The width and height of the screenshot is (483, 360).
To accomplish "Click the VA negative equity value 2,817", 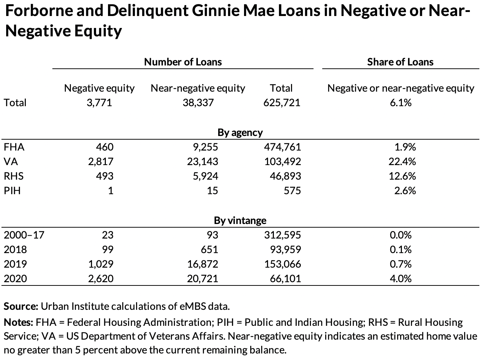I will click(100, 161).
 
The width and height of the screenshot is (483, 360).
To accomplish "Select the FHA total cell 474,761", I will click(282, 147).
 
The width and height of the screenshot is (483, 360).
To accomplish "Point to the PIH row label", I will click(12, 191).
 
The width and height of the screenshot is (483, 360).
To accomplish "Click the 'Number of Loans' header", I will click(183, 62).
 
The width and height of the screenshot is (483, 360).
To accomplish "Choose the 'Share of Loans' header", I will click(400, 62).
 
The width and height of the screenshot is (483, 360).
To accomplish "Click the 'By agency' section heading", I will click(240, 132).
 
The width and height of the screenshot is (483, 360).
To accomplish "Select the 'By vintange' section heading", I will click(240, 220).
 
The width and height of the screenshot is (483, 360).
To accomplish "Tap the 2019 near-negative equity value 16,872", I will click(203, 264).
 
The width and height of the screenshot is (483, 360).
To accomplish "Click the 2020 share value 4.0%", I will click(400, 279).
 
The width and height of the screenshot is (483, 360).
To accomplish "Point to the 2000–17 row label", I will click(24, 235).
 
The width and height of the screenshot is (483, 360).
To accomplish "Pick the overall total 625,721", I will click(282, 103).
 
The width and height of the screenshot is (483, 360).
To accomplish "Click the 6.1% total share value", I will click(400, 103).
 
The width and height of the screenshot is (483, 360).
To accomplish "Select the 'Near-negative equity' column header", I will click(198, 88).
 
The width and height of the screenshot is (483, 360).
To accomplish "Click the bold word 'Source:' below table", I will click(21, 306).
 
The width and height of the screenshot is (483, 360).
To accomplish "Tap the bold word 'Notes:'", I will click(19, 322).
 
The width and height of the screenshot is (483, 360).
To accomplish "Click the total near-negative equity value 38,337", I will click(198, 103).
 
